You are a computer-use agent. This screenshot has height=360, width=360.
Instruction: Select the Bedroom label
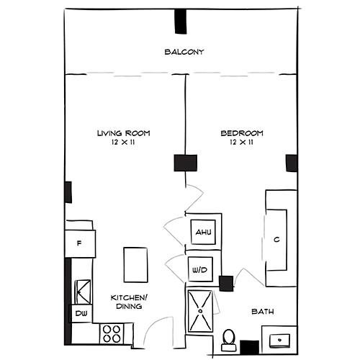(x=241, y=133)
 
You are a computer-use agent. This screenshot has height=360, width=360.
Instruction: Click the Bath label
(x=261, y=312)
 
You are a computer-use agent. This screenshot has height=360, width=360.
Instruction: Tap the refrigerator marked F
(x=79, y=243)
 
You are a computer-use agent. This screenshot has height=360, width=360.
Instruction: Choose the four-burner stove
(x=112, y=333)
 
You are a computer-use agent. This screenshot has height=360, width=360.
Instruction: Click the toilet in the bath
(x=229, y=339)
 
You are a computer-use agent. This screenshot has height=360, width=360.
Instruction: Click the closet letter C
(x=276, y=240)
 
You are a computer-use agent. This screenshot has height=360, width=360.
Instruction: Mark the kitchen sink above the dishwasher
(x=82, y=291)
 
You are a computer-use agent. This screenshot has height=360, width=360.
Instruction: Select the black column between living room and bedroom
(x=185, y=163)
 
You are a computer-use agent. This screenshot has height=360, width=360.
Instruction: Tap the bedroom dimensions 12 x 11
(x=241, y=143)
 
